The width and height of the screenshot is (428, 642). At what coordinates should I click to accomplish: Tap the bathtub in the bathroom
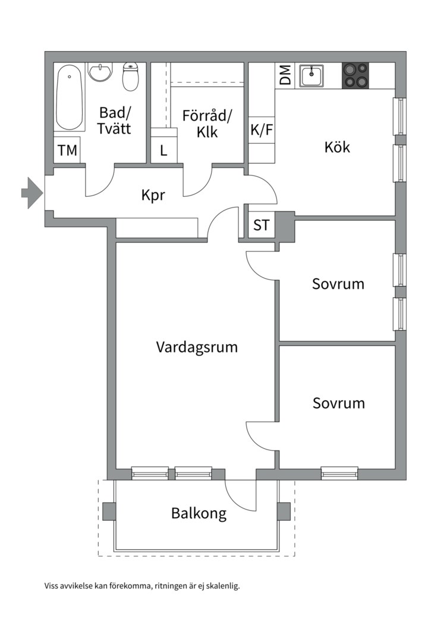(x=70, y=99)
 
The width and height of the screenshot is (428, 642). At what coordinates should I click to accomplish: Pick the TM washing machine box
(x=68, y=150)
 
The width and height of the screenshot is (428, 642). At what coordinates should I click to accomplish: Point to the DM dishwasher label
(x=285, y=75)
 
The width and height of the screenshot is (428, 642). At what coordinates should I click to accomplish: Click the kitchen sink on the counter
(x=311, y=76)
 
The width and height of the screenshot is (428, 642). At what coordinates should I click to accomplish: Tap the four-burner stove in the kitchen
(x=355, y=76)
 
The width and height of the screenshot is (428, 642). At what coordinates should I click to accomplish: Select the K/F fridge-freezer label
(x=262, y=130)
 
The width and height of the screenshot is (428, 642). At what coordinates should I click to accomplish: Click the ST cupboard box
(x=261, y=225)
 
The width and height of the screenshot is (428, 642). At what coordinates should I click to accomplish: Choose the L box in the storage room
(x=163, y=150)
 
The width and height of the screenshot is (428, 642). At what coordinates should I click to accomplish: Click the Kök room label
(x=337, y=147)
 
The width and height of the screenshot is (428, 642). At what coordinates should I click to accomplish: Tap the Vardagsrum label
(x=197, y=347)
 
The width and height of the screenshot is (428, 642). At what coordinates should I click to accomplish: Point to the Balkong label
(x=199, y=513)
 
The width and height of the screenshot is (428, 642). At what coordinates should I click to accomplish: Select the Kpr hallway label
(x=153, y=195)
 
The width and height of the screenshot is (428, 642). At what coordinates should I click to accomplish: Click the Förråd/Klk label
(x=207, y=123)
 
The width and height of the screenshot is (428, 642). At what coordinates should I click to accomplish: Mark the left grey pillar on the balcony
(x=109, y=511)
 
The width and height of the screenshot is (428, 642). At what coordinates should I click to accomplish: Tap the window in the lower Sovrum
(x=339, y=473)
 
